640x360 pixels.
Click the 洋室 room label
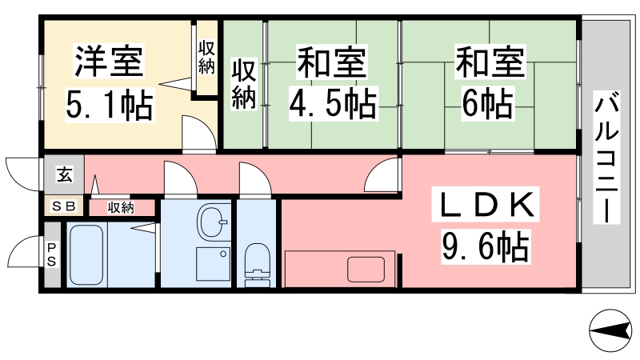pyautogui.click(x=109, y=62)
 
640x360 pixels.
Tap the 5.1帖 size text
pyautogui.click(x=110, y=105)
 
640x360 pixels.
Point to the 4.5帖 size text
pyautogui.click(x=333, y=104)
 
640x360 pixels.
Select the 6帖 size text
pyautogui.click(x=488, y=104)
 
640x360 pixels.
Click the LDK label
pyautogui.click(x=486, y=204)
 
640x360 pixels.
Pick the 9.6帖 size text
pyautogui.click(x=486, y=246)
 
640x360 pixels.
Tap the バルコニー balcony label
pyautogui.click(x=607, y=158)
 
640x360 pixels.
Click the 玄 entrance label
pyautogui.click(x=65, y=174)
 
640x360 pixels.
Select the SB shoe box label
pyautogui.click(x=64, y=206)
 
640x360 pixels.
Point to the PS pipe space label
pyautogui.click(x=51, y=254)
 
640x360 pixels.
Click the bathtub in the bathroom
pyautogui.click(x=86, y=255)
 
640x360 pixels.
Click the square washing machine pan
pyautogui.click(x=213, y=264)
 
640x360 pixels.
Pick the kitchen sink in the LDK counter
pyautogui.click(x=366, y=270)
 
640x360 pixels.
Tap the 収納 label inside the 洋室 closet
pyautogui.click(x=206, y=57)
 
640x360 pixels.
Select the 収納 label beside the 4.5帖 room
pyautogui.click(x=244, y=85)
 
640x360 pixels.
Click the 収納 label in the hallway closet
pyautogui.click(x=121, y=208)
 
